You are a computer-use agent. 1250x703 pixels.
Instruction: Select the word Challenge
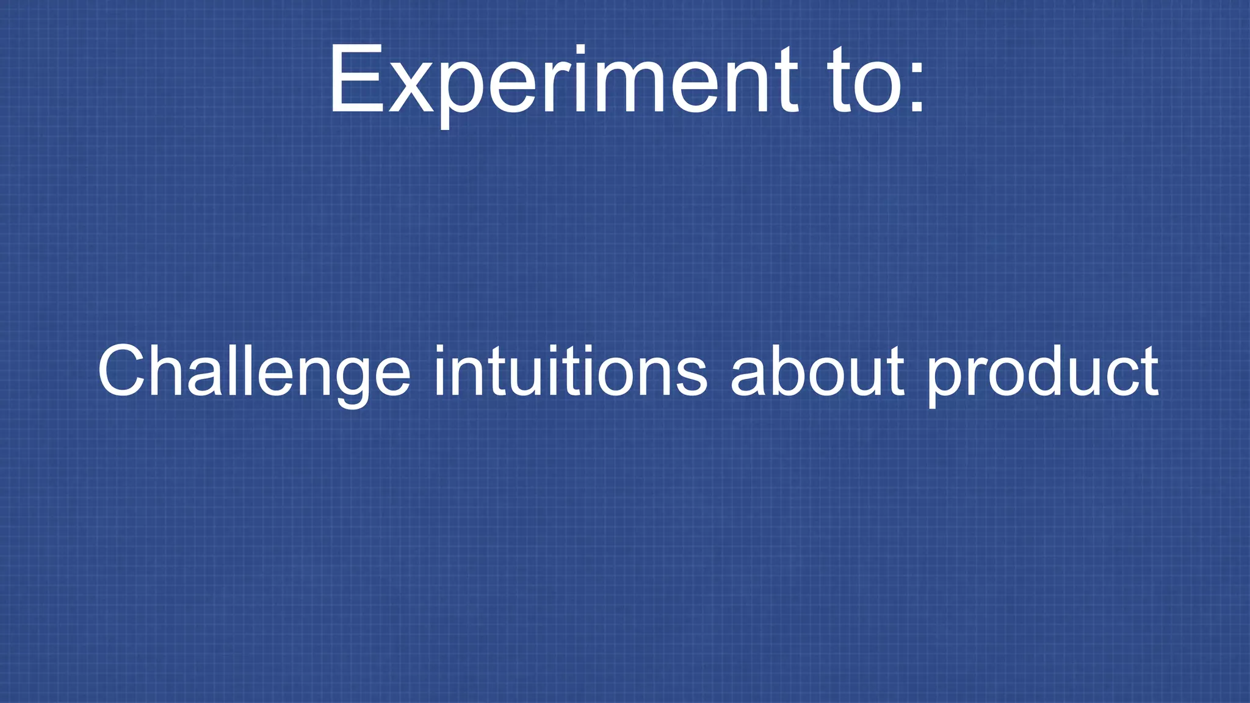(x=253, y=371)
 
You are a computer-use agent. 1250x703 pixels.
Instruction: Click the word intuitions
(x=570, y=371)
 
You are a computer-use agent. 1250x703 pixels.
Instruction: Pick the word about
(x=817, y=371)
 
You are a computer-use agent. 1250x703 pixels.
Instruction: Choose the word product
(x=1042, y=371)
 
